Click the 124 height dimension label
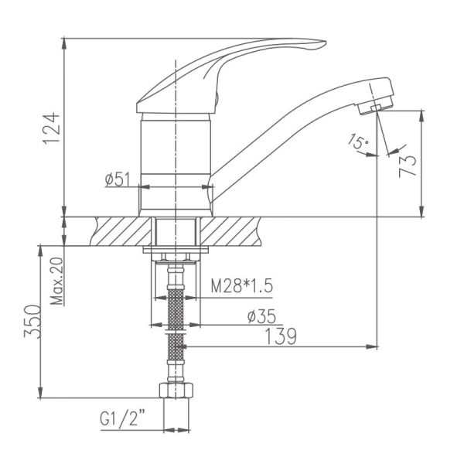52,128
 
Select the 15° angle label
358,142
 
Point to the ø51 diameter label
118,179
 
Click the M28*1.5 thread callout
241,285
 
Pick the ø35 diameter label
261,316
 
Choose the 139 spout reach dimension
280,336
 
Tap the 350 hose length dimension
32,322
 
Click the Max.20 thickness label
56,281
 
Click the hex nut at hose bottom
176,391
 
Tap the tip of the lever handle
326,42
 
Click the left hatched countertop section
122,231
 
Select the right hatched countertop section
230,231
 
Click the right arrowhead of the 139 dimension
372,346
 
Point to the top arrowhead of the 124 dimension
64,43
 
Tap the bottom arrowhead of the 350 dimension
40,393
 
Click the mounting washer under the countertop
176,250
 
